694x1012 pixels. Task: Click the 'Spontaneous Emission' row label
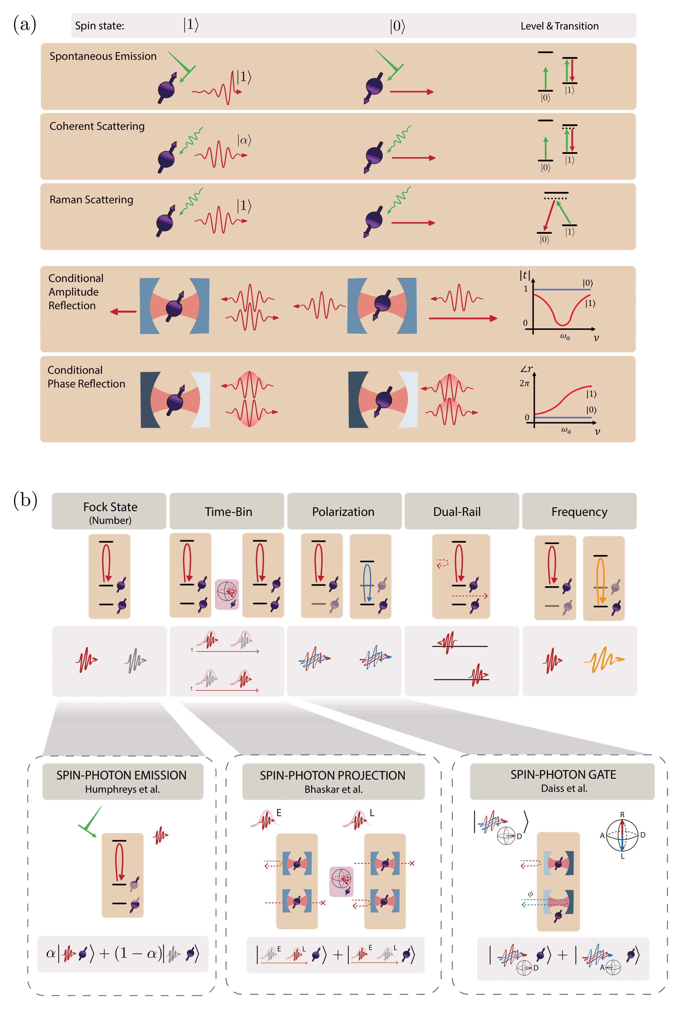tap(103, 56)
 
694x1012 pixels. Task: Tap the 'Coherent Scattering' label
tap(97, 126)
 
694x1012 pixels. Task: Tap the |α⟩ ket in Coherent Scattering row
tap(244, 140)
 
